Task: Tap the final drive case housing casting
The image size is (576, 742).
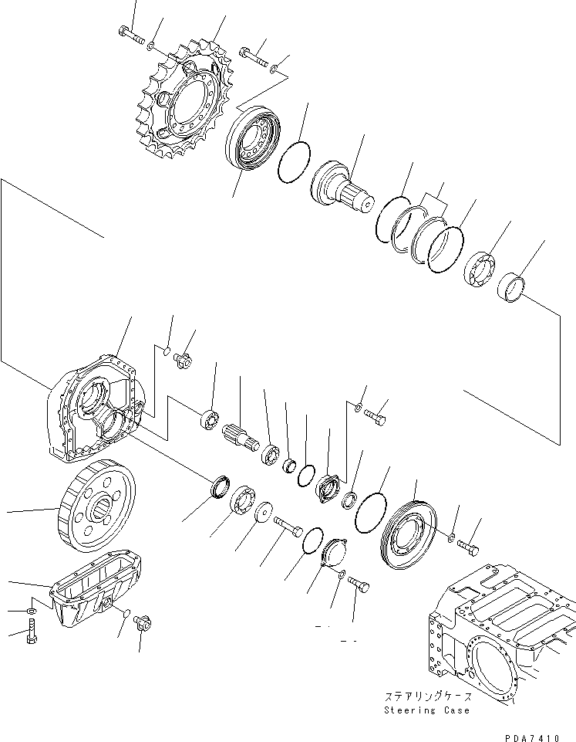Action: (x=93, y=409)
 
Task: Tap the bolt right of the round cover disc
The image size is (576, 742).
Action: (x=469, y=547)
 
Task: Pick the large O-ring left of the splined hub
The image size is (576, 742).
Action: (x=294, y=163)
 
